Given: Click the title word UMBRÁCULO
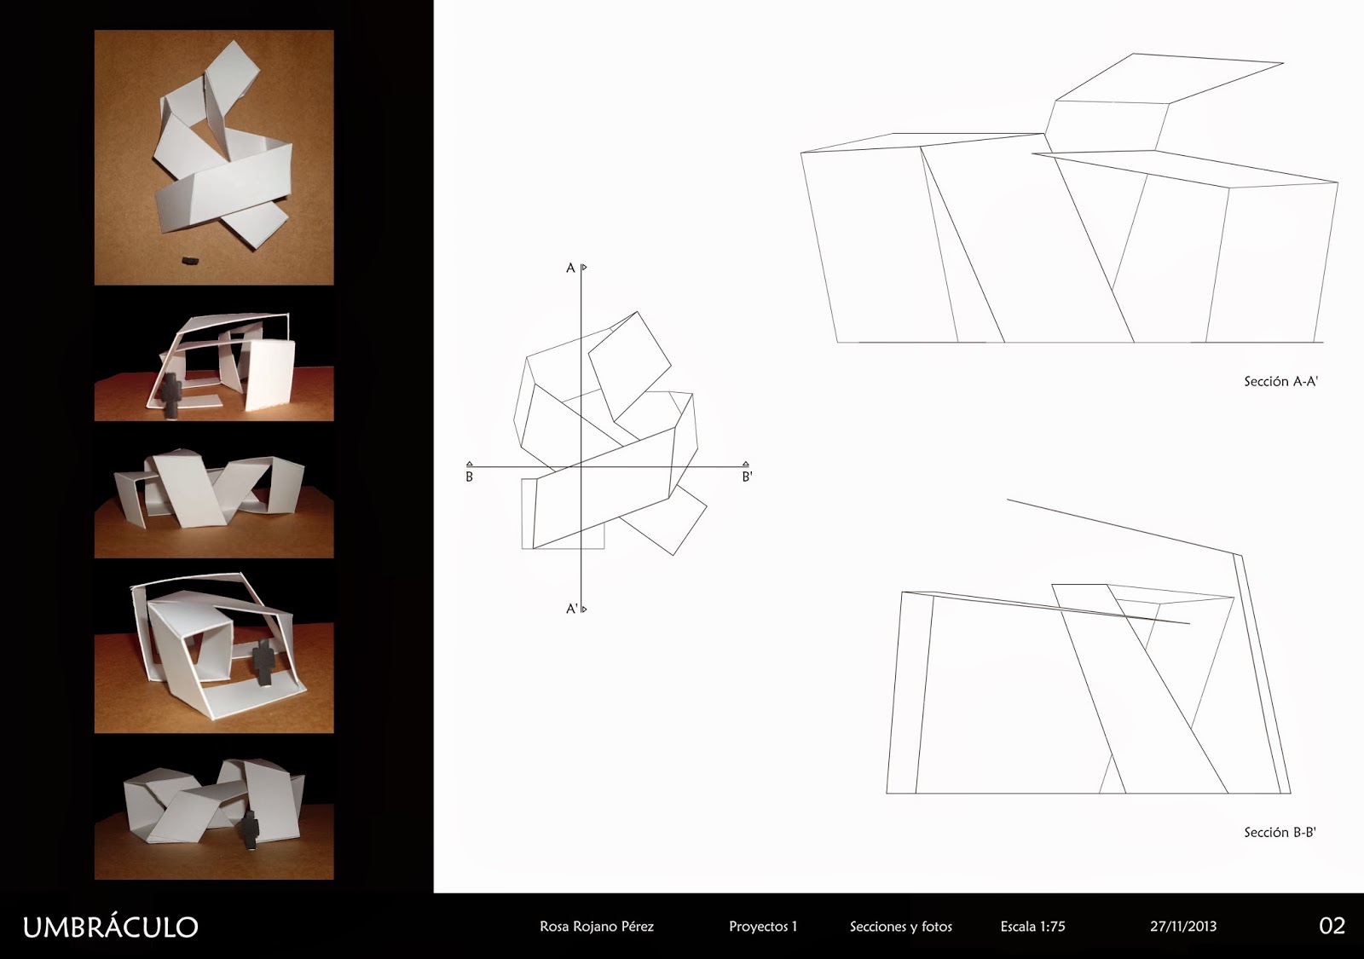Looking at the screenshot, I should click(x=110, y=927).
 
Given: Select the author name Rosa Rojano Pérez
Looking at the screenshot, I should click(x=597, y=927).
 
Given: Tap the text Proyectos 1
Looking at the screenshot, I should click(x=763, y=927).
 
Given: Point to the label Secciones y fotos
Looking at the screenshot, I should click(x=900, y=927).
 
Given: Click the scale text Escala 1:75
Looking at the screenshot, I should click(x=1032, y=927).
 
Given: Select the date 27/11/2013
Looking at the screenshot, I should click(x=1182, y=927).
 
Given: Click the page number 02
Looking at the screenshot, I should click(x=1332, y=926).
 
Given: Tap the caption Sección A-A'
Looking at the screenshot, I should click(x=1280, y=382).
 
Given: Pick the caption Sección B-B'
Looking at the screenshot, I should click(x=1280, y=832).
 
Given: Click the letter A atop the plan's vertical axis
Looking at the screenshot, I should click(x=570, y=269).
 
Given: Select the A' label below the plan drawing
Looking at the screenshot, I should click(x=573, y=609).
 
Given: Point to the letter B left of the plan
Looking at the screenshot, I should click(x=469, y=477).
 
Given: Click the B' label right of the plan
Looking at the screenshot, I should click(x=747, y=477).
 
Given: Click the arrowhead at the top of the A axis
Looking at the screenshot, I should click(x=584, y=268).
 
